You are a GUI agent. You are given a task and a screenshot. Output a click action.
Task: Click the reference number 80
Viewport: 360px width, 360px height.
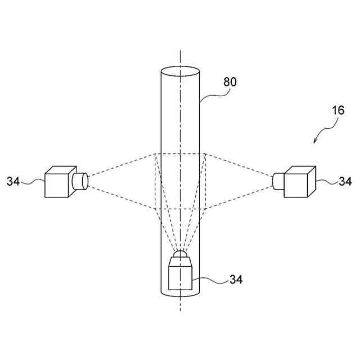tap(230, 82)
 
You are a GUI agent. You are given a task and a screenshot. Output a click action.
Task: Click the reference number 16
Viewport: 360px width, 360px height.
tap(337, 110)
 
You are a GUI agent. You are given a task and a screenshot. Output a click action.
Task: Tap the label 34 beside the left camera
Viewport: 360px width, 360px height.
tap(13, 181)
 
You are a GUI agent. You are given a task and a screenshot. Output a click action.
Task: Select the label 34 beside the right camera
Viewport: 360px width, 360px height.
tap(345, 181)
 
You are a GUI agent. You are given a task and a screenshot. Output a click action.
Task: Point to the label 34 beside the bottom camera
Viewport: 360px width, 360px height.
tap(236, 280)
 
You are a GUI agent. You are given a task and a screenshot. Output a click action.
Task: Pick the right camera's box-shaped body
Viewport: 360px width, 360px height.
tap(298, 182)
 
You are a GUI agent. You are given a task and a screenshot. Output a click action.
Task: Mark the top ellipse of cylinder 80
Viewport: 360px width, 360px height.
tap(180, 73)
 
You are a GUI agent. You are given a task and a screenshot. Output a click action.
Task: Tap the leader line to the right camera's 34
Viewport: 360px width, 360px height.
tap(326, 181)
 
